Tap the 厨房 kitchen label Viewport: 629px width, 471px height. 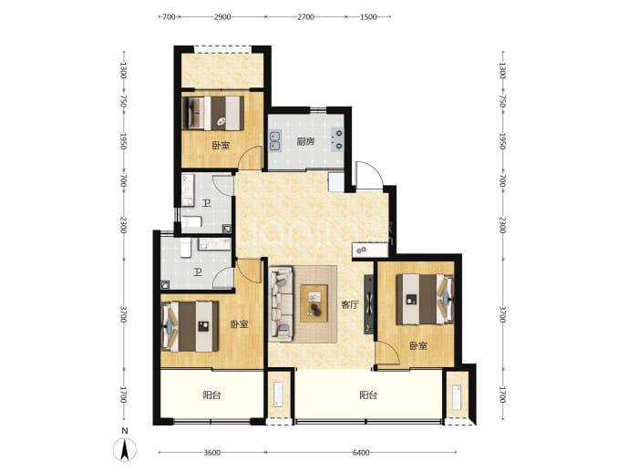click(305, 141)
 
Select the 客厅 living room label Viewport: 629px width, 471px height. click(349, 304)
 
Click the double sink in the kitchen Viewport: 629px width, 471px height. click(275, 141)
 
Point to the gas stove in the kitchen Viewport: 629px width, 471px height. click(337, 139)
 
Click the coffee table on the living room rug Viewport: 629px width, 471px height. click(314, 303)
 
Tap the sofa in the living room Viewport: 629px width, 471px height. click(282, 304)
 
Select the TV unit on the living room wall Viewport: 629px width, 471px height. click(368, 304)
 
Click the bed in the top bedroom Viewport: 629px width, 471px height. click(213, 113)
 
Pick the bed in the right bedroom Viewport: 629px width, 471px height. click(425, 299)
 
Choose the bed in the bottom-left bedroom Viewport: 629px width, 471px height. click(190, 326)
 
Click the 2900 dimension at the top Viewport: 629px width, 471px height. click(222, 16)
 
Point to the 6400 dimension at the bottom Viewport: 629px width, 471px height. click(361, 453)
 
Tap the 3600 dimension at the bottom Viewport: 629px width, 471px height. click(211, 453)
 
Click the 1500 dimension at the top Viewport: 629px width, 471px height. click(368, 16)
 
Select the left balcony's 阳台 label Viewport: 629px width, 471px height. click(211, 395)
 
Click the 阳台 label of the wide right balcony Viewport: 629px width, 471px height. click(368, 395)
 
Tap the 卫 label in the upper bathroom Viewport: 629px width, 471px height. click(206, 204)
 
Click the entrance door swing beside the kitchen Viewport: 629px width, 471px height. click(369, 175)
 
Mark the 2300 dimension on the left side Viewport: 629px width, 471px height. click(124, 225)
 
